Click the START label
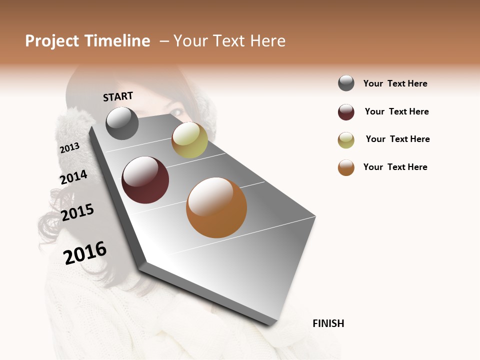pos(118,96)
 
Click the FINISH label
pos(328,323)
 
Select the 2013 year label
pos(69,148)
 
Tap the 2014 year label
pos(73,177)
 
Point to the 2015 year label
pos(77,212)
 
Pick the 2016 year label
pos(85,252)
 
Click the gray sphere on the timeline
pos(122,123)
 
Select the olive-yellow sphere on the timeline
pos(189,140)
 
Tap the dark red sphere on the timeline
pos(145,180)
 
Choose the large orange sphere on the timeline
pos(216,207)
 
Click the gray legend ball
pos(346,83)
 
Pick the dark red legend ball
pos(346,112)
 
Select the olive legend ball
pos(346,140)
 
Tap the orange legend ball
pos(346,167)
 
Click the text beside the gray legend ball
pos(395,83)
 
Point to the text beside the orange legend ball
pos(395,167)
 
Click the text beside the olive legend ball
pos(397,139)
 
